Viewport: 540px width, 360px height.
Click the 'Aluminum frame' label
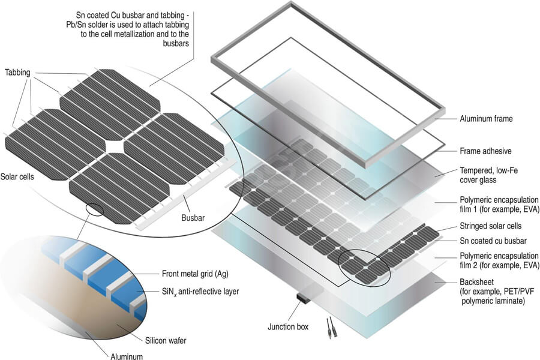click(486, 119)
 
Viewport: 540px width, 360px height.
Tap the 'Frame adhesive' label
click(485, 151)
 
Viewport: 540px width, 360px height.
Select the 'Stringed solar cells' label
click(490, 226)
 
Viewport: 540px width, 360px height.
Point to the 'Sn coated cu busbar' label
click(493, 241)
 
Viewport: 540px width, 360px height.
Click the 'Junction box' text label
click(288, 326)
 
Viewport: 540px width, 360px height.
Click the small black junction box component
click(304, 298)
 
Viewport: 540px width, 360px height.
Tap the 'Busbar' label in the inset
click(193, 218)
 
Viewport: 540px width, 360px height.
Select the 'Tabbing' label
click(17, 73)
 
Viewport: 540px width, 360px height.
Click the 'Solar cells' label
click(17, 177)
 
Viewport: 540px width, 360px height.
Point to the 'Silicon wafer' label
click(166, 341)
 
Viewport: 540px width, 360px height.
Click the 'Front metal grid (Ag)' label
click(195, 274)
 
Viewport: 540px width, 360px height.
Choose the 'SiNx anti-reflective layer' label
click(200, 292)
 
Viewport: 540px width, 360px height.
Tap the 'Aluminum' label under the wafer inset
click(127, 356)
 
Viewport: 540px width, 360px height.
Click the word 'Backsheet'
click(476, 282)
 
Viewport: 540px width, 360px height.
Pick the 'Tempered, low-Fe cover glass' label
click(488, 175)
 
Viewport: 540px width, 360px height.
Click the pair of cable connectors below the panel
click(329, 328)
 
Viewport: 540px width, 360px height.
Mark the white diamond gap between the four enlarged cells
click(115, 145)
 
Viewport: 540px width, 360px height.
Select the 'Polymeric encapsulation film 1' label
click(499, 204)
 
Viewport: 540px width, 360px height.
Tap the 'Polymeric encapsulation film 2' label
click(499, 260)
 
